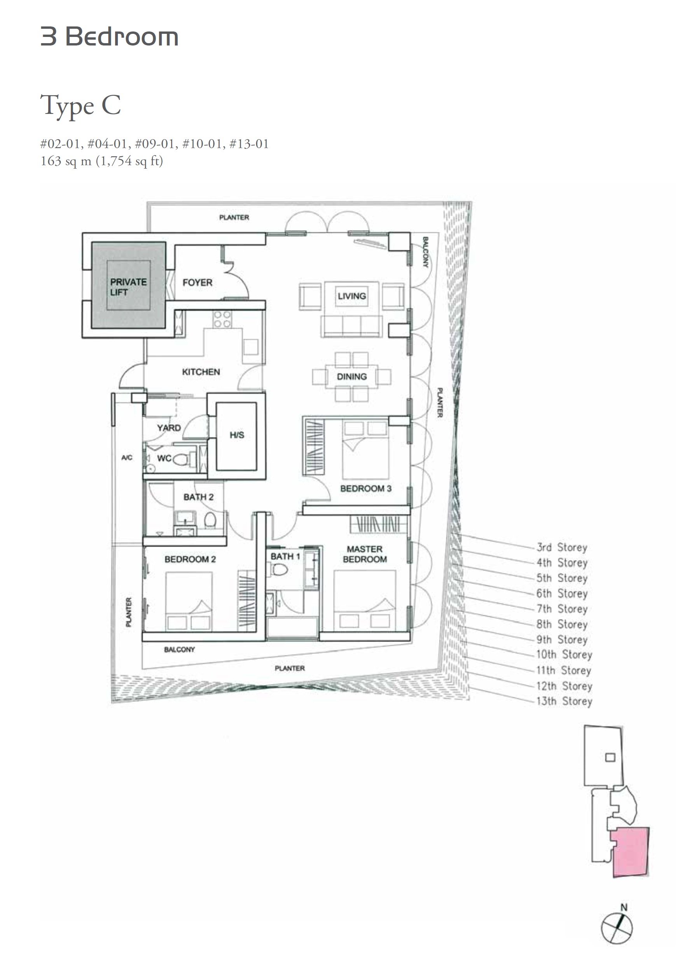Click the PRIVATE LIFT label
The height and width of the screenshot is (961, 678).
[x=128, y=287]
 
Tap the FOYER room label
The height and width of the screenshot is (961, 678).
[x=197, y=283]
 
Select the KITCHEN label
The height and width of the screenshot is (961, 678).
[x=201, y=372]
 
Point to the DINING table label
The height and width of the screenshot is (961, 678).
[x=351, y=377]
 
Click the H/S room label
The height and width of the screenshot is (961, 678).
[x=236, y=435]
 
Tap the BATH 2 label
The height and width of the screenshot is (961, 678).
[x=198, y=497]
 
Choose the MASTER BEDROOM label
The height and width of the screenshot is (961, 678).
[x=365, y=554]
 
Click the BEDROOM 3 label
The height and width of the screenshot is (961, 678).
[x=366, y=488]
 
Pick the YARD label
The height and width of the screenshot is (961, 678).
[x=169, y=428]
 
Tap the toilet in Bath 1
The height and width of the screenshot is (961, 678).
[x=280, y=569]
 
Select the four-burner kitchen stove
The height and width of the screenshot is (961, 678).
[x=222, y=319]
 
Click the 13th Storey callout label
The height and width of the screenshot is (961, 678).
[x=564, y=701]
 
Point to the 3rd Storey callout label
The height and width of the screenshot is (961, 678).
[x=562, y=547]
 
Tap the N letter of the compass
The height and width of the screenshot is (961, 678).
[x=624, y=907]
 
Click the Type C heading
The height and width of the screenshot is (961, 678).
[x=81, y=106]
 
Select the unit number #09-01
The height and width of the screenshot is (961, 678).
[x=155, y=144]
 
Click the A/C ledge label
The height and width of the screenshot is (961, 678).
[x=127, y=458]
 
